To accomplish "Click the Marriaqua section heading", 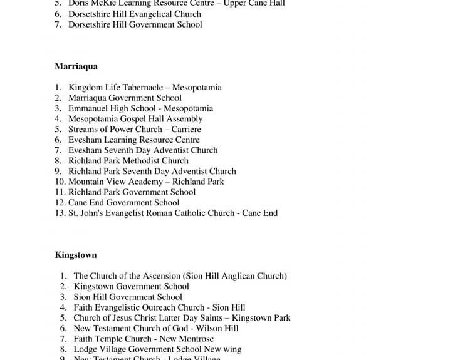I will (x=76, y=66).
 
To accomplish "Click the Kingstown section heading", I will (x=75, y=255).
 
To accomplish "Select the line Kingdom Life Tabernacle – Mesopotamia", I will (x=145, y=88).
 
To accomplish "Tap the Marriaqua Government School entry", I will (x=125, y=98).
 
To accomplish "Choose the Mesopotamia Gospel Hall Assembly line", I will (x=135, y=119).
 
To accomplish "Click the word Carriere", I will (x=186, y=130).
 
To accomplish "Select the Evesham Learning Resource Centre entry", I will (x=134, y=140).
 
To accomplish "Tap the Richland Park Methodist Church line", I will (x=128, y=161).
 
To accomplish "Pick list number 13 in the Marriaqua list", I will (x=60, y=213).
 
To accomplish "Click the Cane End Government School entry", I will (x=124, y=203).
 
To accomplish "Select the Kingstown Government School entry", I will (x=131, y=287).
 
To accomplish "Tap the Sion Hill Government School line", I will (x=128, y=297).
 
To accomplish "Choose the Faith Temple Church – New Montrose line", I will (x=144, y=339).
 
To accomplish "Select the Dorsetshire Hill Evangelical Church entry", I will (x=135, y=14).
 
